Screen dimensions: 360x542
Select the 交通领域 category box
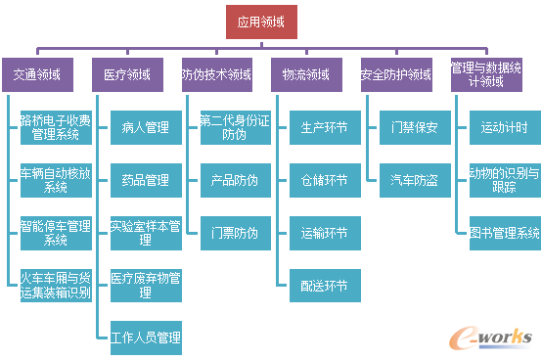pyautogui.click(x=37, y=74)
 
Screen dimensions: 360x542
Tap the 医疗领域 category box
pyautogui.click(x=127, y=74)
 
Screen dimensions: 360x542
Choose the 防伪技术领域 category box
pyautogui.click(x=216, y=74)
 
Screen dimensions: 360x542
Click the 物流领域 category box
pyautogui.click(x=306, y=74)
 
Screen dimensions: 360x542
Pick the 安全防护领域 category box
pyautogui.click(x=396, y=74)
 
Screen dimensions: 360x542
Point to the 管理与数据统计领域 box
pyautogui.click(x=486, y=74)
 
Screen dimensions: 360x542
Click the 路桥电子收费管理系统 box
pyautogui.click(x=56, y=127)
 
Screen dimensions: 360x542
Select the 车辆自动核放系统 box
pyautogui.click(x=56, y=180)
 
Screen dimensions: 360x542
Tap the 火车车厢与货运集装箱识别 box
pyautogui.click(x=56, y=285)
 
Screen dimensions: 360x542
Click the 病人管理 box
pyautogui.click(x=145, y=127)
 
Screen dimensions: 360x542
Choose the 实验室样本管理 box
pyautogui.click(x=145, y=233)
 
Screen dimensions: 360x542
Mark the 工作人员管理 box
pyautogui.click(x=145, y=337)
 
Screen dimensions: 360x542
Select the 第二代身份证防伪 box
pyautogui.click(x=235, y=127)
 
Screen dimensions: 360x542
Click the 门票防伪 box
pyautogui.click(x=235, y=233)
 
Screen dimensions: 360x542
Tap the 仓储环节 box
pyautogui.click(x=325, y=180)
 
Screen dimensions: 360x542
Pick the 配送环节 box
pyautogui.click(x=325, y=285)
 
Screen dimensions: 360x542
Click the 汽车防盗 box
pyautogui.click(x=415, y=180)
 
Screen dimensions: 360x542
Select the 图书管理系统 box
pyautogui.click(x=504, y=233)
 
